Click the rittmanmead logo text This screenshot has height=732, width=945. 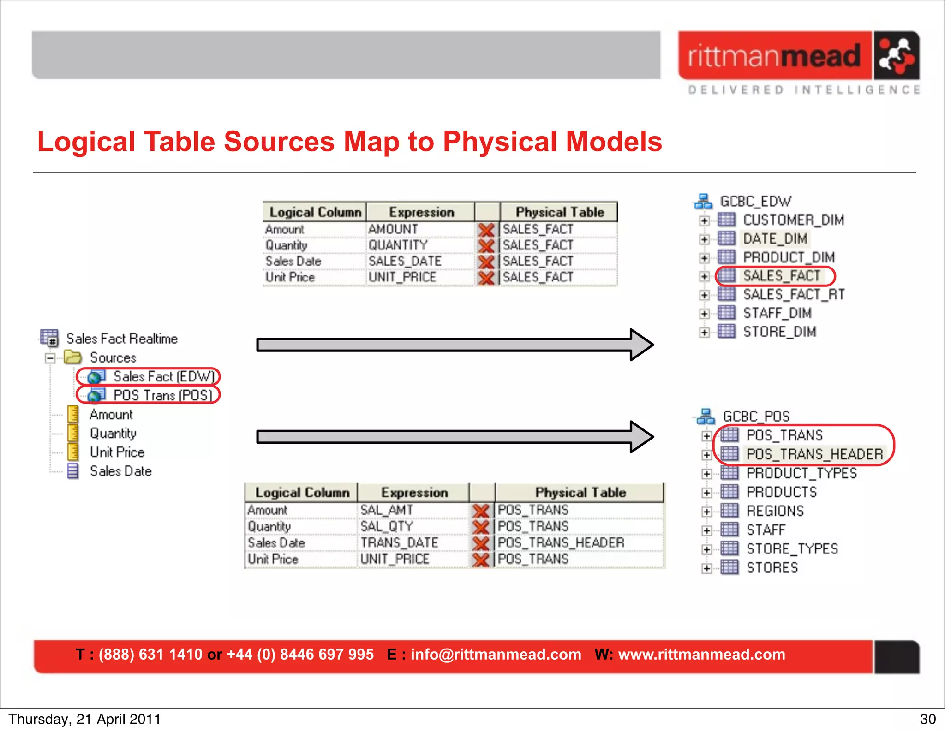click(x=774, y=56)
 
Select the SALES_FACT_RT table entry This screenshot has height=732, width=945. click(x=793, y=294)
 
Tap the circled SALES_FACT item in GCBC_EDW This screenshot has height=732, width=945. click(x=781, y=276)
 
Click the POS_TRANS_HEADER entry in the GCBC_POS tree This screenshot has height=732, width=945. click(x=814, y=454)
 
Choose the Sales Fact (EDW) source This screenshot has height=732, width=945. click(x=163, y=377)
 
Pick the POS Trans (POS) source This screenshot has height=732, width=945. click(x=162, y=395)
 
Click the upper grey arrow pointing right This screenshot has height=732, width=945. click(x=455, y=345)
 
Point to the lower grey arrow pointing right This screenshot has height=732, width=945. click(x=455, y=436)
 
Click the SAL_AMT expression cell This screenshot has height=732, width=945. click(x=387, y=510)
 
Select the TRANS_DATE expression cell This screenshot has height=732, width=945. click(x=399, y=543)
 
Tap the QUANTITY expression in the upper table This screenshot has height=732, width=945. click(x=398, y=245)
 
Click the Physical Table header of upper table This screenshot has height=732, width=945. click(x=559, y=212)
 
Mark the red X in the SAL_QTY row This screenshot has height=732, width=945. click(x=481, y=527)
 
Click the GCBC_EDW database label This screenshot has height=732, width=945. click(x=755, y=202)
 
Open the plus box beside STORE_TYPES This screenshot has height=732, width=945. click(x=706, y=549)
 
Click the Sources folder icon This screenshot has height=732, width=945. click(x=73, y=357)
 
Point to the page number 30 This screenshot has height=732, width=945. click(x=927, y=719)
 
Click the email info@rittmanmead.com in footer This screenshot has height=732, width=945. click(x=496, y=654)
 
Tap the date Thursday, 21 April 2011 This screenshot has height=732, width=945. click(x=84, y=719)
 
